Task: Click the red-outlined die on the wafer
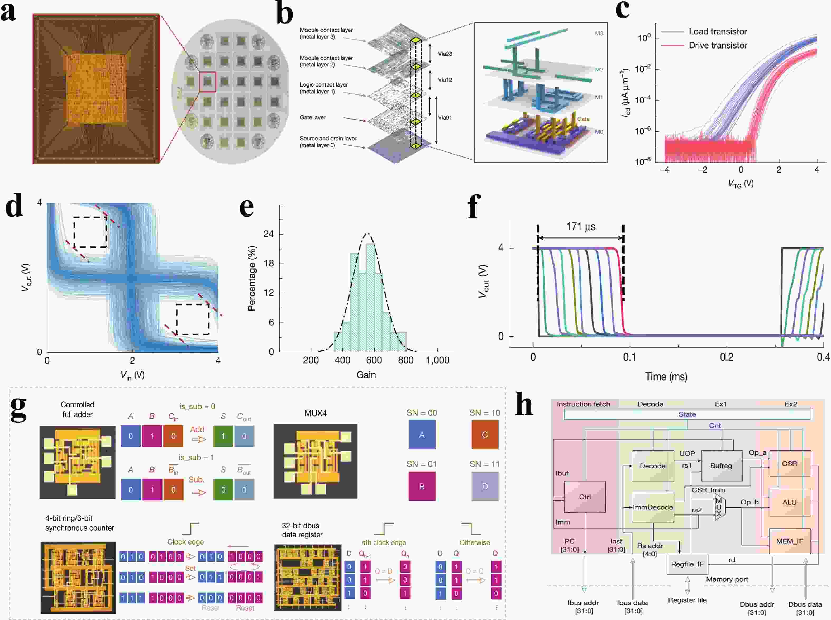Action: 208,82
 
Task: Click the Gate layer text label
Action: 313,117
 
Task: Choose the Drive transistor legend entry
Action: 718,45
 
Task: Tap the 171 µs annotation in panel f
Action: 580,227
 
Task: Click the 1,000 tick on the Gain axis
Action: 437,360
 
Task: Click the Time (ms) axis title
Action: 666,376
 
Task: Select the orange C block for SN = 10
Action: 485,435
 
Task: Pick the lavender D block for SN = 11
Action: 485,487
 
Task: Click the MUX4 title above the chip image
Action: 315,413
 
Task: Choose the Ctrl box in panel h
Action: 585,497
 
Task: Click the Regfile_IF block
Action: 687,564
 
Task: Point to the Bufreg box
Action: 721,466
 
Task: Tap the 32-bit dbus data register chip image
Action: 308,577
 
